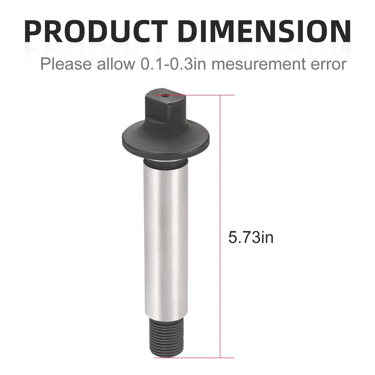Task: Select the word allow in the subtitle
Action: pos(114,64)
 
